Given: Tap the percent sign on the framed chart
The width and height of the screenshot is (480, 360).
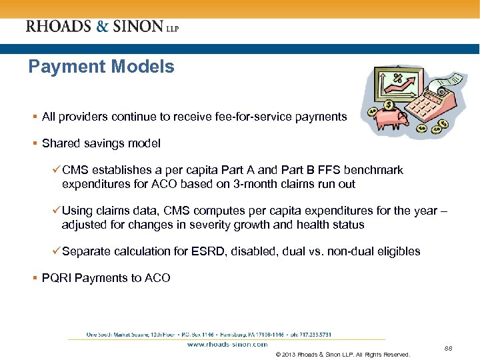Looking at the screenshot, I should pos(398,79).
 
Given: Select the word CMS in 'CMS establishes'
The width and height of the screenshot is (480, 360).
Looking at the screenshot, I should pos(74,170).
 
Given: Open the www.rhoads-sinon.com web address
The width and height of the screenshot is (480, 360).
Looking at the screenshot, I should pos(227,344).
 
